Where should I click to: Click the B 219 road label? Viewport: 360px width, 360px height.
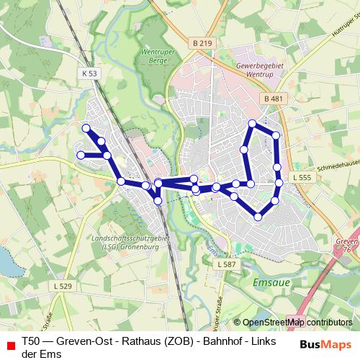204,43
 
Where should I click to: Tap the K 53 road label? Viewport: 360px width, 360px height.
89,73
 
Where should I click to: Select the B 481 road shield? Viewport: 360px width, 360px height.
271,98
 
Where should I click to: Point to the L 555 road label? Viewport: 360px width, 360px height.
301,177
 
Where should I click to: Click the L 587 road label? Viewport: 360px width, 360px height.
225,265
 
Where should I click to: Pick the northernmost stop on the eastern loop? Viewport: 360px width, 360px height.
252,123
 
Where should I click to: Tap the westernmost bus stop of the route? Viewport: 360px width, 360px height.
81,155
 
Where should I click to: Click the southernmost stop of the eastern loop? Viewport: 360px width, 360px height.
258,217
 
